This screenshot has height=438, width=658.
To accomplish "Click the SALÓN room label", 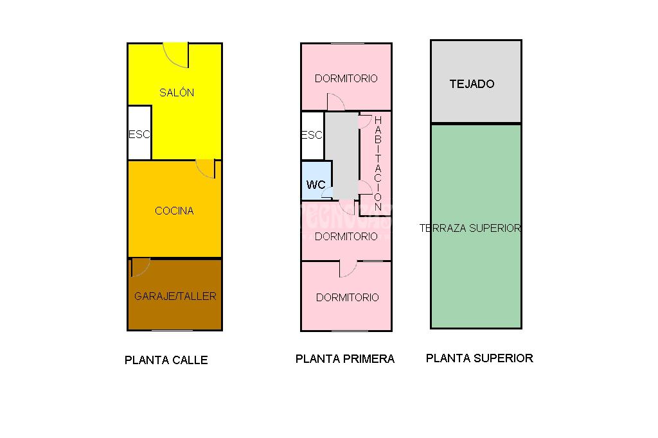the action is point(177,92).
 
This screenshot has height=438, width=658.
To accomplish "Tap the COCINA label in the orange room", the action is point(174,211).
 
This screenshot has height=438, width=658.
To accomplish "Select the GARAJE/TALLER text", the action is point(175,296).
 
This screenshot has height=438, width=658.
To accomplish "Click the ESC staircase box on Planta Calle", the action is point(139,132).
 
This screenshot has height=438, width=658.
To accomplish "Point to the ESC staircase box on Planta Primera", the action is point(312,136).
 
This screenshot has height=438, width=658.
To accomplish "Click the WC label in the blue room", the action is point(316,184).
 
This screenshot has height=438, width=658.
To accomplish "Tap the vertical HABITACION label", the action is point(378,164).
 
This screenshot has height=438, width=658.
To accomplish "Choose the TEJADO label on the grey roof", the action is point(472,84).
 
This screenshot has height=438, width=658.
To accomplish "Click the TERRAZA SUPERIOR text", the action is point(470,228).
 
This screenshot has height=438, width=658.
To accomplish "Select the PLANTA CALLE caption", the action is point(166,360).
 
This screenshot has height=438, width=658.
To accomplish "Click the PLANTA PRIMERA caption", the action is point(345,359).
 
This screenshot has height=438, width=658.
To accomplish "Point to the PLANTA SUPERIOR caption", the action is point(479,358).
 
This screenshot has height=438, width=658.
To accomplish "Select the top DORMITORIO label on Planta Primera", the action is point(346,78).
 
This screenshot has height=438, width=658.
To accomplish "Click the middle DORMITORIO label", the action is point(346,236).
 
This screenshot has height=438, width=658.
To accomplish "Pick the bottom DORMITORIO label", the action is point(348,297).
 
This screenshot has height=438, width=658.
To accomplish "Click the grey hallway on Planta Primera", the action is point(342,155).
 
